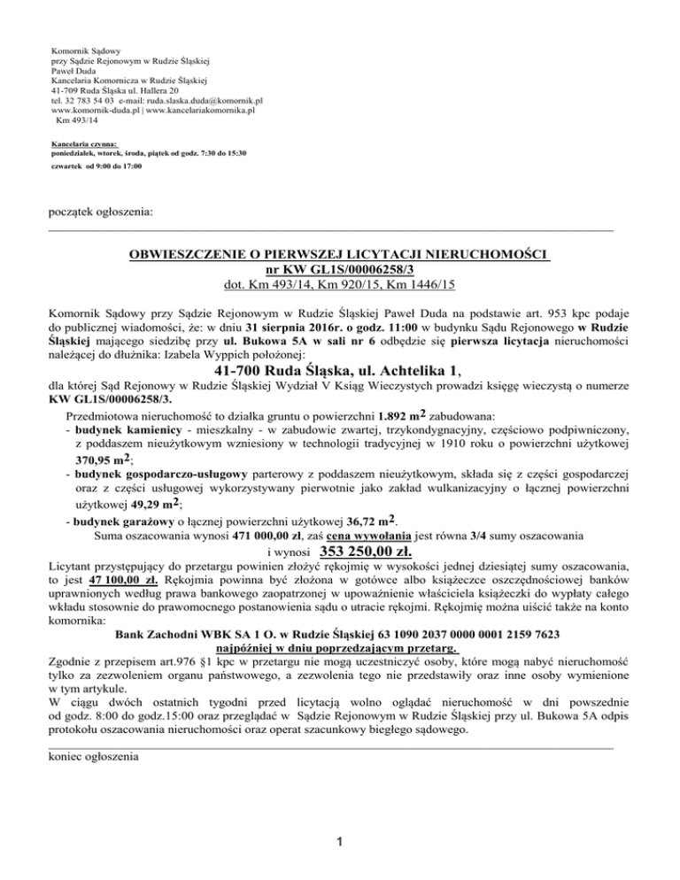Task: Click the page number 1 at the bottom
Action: tap(340, 840)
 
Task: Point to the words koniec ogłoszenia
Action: tap(92, 757)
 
